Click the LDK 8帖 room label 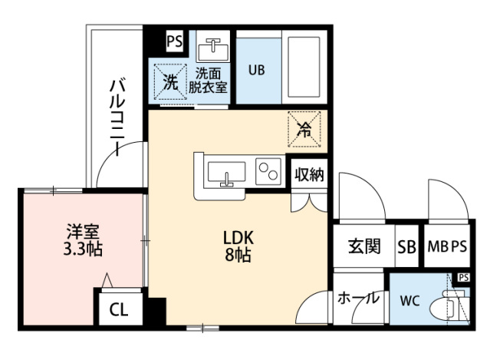click(x=238, y=246)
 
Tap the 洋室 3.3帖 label click(x=83, y=240)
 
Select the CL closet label click(x=119, y=309)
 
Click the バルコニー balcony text click(x=117, y=118)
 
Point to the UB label click(x=257, y=70)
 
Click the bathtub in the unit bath click(x=304, y=67)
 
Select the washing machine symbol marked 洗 click(x=170, y=82)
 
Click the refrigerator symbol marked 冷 click(x=304, y=129)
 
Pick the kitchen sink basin click(x=226, y=172)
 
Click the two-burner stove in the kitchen click(x=268, y=171)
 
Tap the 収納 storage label click(x=309, y=174)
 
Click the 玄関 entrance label click(x=365, y=246)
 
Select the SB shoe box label click(x=407, y=246)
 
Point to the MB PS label click(x=447, y=246)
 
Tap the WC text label click(x=410, y=301)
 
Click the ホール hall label click(x=358, y=298)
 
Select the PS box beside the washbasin click(x=175, y=41)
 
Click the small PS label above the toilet click(x=464, y=277)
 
